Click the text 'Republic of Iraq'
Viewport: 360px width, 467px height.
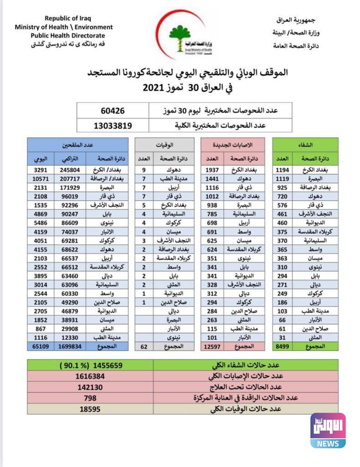pyautogui.click(x=67, y=19)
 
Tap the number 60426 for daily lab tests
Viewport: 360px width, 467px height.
pyautogui.click(x=112, y=111)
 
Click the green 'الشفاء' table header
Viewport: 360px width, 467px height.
pyautogui.click(x=305, y=145)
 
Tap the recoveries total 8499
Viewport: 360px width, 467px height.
pyautogui.click(x=283, y=346)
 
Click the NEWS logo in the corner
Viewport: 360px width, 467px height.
pyautogui.click(x=328, y=430)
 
